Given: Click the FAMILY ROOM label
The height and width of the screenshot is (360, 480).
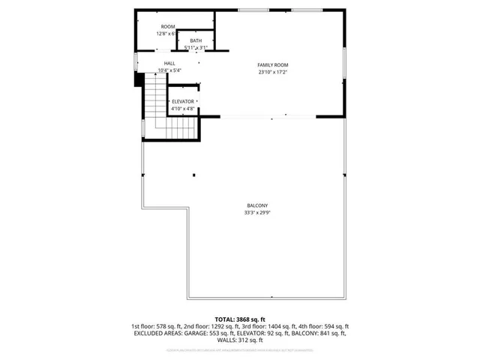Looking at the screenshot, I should pyautogui.click(x=273, y=65).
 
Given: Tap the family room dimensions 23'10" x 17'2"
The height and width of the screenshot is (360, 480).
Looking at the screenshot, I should pyautogui.click(x=273, y=72).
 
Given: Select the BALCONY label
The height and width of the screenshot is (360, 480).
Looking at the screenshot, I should pyautogui.click(x=257, y=206).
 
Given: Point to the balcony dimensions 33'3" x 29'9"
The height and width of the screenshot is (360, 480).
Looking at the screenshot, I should pyautogui.click(x=257, y=213).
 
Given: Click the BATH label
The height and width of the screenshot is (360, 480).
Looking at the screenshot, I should pyautogui.click(x=196, y=40).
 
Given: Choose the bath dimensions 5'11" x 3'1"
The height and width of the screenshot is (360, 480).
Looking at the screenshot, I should pyautogui.click(x=196, y=47).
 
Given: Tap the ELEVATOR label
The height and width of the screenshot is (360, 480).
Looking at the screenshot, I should pyautogui.click(x=183, y=101).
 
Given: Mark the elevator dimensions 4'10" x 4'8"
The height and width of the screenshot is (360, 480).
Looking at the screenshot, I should pyautogui.click(x=183, y=108).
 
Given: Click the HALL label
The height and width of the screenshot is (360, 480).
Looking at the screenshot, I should pyautogui.click(x=169, y=64).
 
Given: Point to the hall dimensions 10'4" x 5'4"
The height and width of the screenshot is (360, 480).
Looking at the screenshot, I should pyautogui.click(x=169, y=70).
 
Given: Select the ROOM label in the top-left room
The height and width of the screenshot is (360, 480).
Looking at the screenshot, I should pyautogui.click(x=167, y=27).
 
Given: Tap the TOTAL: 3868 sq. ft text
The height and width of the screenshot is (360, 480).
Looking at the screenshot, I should pyautogui.click(x=240, y=319).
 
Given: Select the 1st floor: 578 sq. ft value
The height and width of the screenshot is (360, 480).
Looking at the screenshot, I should pyautogui.click(x=158, y=326).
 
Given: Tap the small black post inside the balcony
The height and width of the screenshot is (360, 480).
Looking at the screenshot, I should pyautogui.click(x=194, y=175).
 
